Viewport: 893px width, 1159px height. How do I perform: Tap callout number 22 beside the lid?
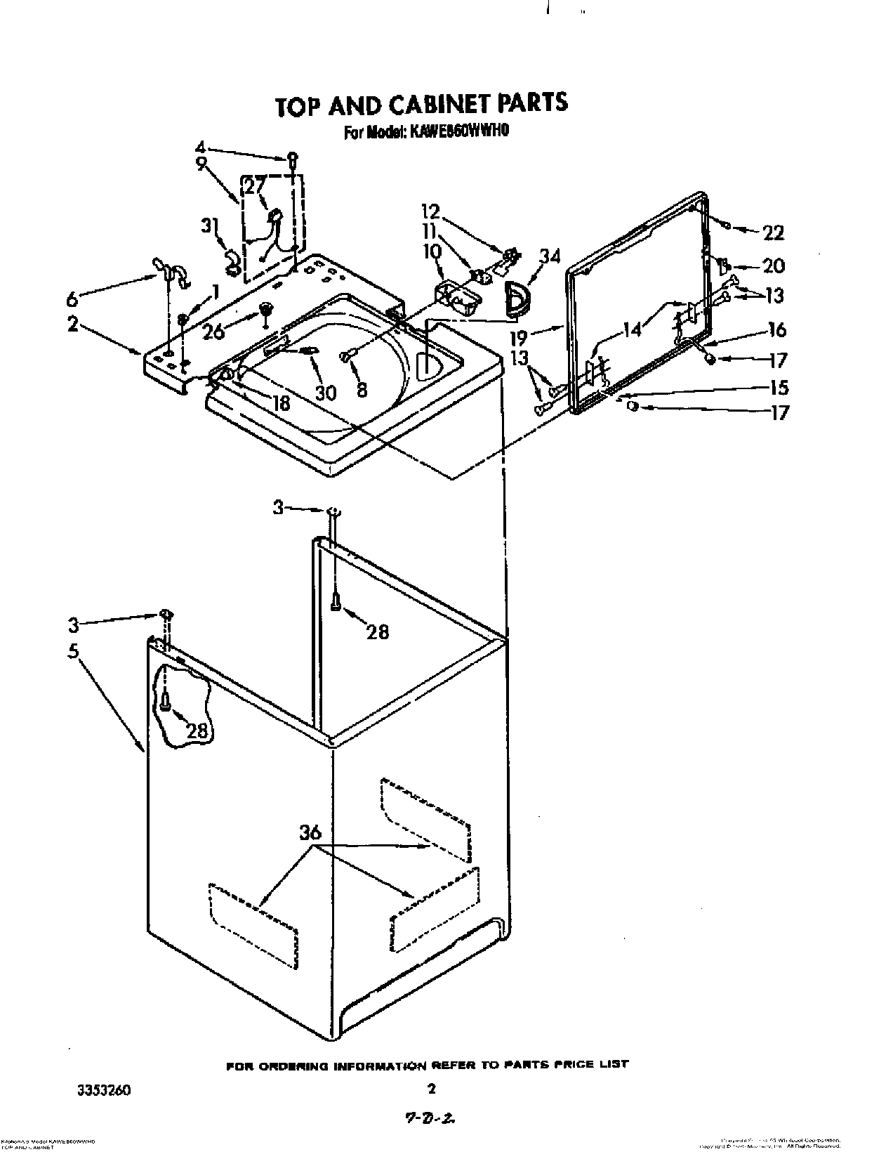(772, 233)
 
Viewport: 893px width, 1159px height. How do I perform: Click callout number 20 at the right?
(772, 266)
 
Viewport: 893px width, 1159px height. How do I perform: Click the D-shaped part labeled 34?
(518, 296)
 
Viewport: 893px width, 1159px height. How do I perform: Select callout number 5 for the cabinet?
(73, 650)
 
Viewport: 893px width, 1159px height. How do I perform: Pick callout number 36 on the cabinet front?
(310, 833)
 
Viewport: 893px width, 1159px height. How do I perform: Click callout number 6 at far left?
(72, 300)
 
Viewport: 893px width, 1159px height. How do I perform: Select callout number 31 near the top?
(209, 225)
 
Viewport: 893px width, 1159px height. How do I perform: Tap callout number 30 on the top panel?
(325, 392)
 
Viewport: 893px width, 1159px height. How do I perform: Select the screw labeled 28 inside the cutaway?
(165, 700)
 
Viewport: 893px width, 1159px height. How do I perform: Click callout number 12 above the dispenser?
(430, 211)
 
